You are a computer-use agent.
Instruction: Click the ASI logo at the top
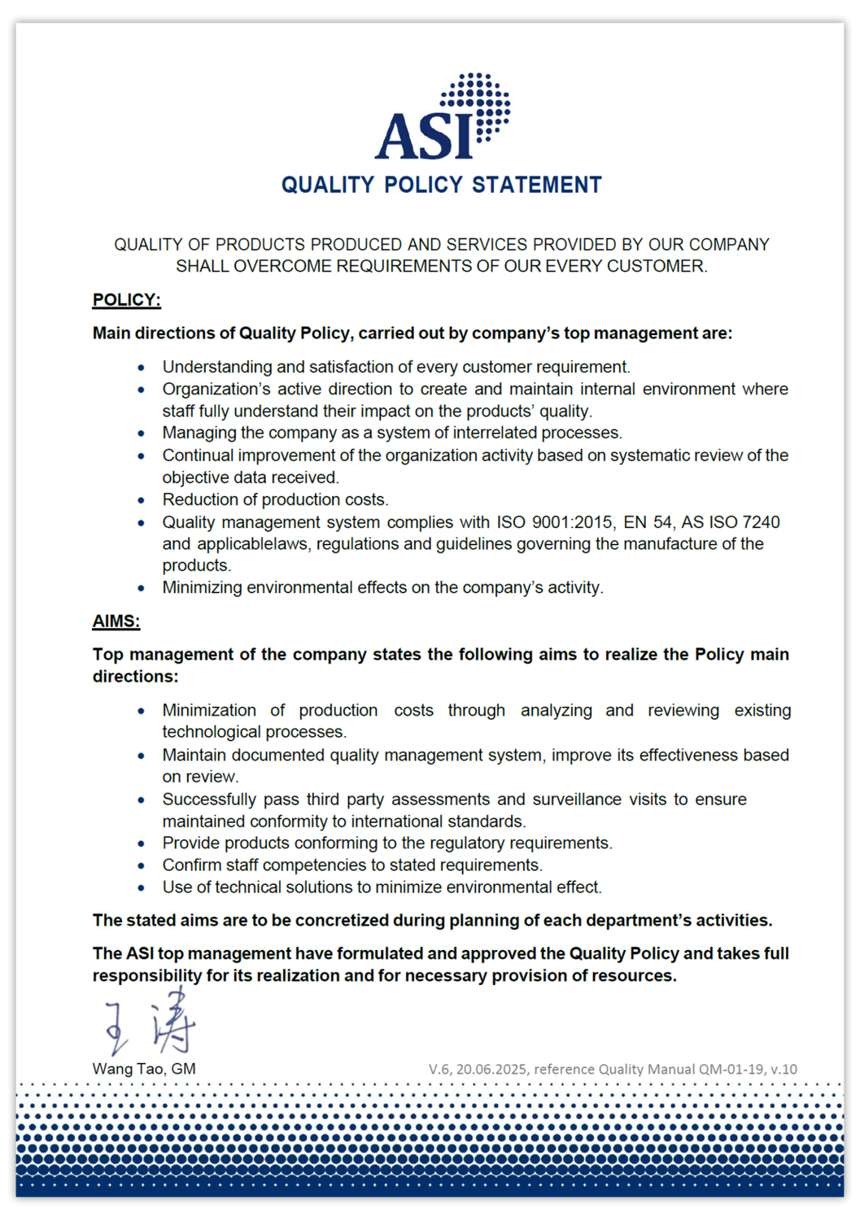[x=442, y=118]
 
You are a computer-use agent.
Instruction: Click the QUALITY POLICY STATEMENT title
[x=441, y=185]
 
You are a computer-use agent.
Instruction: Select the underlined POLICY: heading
[x=126, y=300]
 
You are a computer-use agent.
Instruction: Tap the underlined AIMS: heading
[x=116, y=621]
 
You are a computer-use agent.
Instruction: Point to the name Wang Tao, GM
[x=144, y=1069]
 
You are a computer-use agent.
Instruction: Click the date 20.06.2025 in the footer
[x=491, y=1070]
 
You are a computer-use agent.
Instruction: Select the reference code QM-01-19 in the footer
[x=731, y=1070]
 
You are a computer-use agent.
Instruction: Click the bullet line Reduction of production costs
[x=275, y=499]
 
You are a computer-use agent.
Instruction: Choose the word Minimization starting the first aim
[x=209, y=710]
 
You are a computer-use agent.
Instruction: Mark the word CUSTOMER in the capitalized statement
[x=666, y=266]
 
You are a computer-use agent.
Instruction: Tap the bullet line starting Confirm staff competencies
[x=351, y=865]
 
